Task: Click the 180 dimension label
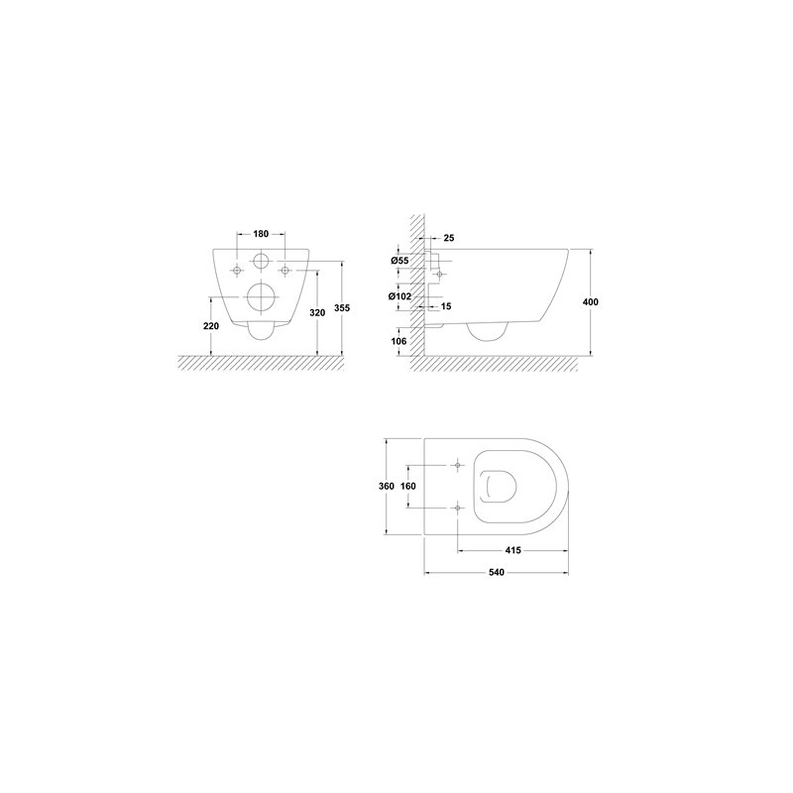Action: [261, 234]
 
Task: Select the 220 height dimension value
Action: [211, 326]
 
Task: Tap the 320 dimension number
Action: [317, 313]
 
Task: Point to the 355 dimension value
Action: [342, 308]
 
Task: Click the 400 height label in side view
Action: [590, 302]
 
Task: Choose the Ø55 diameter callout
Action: [399, 261]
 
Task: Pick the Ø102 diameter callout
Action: [400, 296]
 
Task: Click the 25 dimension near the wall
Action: [449, 238]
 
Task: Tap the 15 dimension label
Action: [445, 306]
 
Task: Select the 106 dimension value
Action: [398, 341]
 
